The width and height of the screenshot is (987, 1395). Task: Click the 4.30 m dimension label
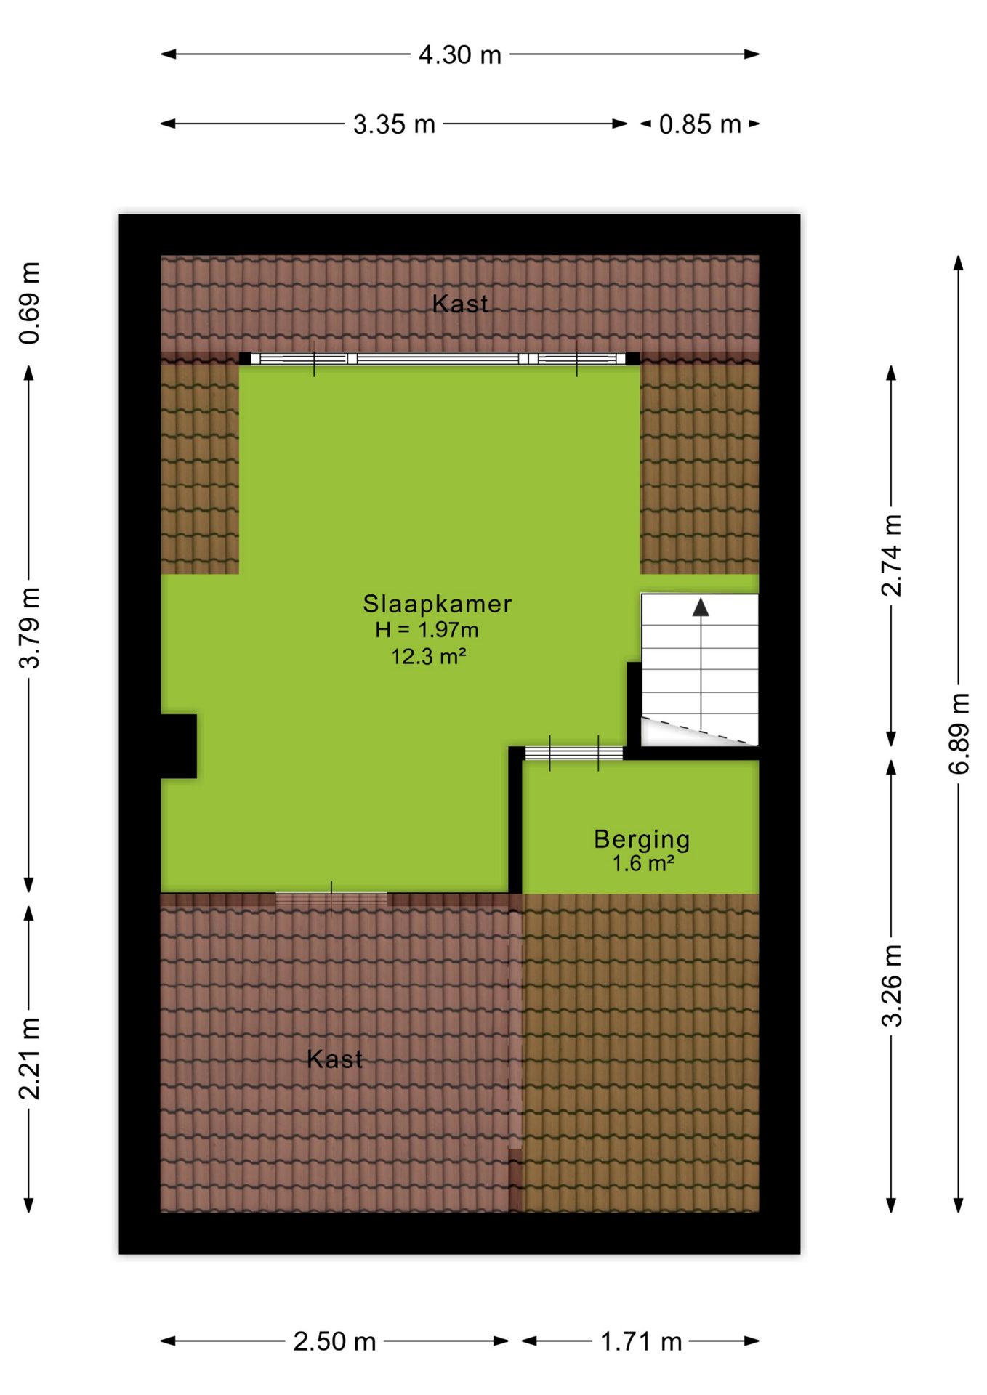click(460, 55)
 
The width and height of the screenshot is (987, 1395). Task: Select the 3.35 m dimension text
click(394, 124)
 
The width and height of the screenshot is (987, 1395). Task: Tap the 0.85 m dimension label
click(700, 124)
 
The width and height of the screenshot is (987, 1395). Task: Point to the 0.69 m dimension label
click(31, 302)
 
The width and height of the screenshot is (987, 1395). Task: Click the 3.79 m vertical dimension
click(31, 628)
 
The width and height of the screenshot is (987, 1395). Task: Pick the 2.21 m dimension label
click(31, 1058)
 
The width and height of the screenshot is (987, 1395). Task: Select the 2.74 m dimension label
click(892, 556)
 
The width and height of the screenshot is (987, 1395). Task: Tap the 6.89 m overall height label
click(959, 734)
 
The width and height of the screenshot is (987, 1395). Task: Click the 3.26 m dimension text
click(892, 985)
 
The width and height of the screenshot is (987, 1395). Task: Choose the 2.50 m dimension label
click(335, 1341)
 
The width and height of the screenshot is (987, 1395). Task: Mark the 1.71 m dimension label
click(642, 1341)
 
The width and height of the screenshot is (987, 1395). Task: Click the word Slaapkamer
click(438, 604)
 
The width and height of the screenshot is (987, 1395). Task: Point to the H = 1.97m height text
click(427, 630)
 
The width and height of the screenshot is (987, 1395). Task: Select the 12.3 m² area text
click(429, 657)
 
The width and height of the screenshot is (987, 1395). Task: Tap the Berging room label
click(642, 839)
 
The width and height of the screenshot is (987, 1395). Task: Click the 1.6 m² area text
click(643, 864)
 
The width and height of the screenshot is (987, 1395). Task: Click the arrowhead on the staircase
click(701, 607)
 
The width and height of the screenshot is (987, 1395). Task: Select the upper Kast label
click(460, 304)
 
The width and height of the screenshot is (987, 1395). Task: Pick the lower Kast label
click(334, 1059)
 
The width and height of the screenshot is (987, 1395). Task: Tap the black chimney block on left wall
click(179, 746)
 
